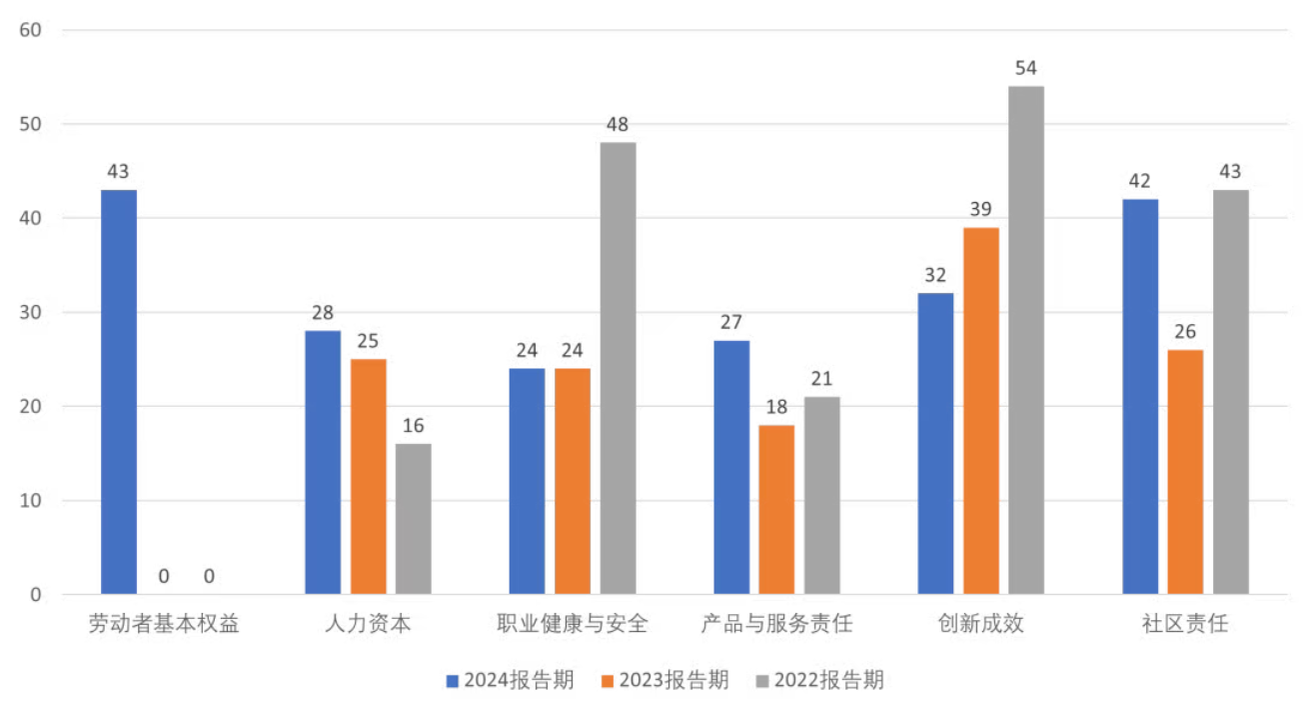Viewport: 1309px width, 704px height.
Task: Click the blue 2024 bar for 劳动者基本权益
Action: [119, 392]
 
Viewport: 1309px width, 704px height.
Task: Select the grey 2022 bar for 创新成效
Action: [1026, 340]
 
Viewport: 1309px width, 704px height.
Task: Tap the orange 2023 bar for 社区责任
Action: [1185, 472]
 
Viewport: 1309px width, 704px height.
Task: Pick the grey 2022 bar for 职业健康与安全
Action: [618, 368]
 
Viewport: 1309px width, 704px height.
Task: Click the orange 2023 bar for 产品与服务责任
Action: [776, 509]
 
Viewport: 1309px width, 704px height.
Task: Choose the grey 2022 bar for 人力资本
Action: [414, 519]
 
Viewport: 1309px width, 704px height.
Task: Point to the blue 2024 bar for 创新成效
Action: [935, 443]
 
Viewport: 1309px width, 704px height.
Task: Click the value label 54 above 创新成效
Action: [1026, 68]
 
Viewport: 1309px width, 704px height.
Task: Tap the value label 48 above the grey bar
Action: [618, 125]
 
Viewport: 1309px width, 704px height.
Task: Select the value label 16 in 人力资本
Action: [414, 426]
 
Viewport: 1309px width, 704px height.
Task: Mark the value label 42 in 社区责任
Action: [1140, 181]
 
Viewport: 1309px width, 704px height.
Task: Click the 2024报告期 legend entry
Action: [510, 681]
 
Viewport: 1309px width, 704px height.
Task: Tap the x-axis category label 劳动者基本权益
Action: [164, 625]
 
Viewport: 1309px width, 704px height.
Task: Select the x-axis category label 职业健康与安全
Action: [573, 625]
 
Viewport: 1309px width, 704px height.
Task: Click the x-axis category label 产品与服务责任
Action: [776, 625]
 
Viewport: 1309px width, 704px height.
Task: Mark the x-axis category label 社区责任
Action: [1185, 625]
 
